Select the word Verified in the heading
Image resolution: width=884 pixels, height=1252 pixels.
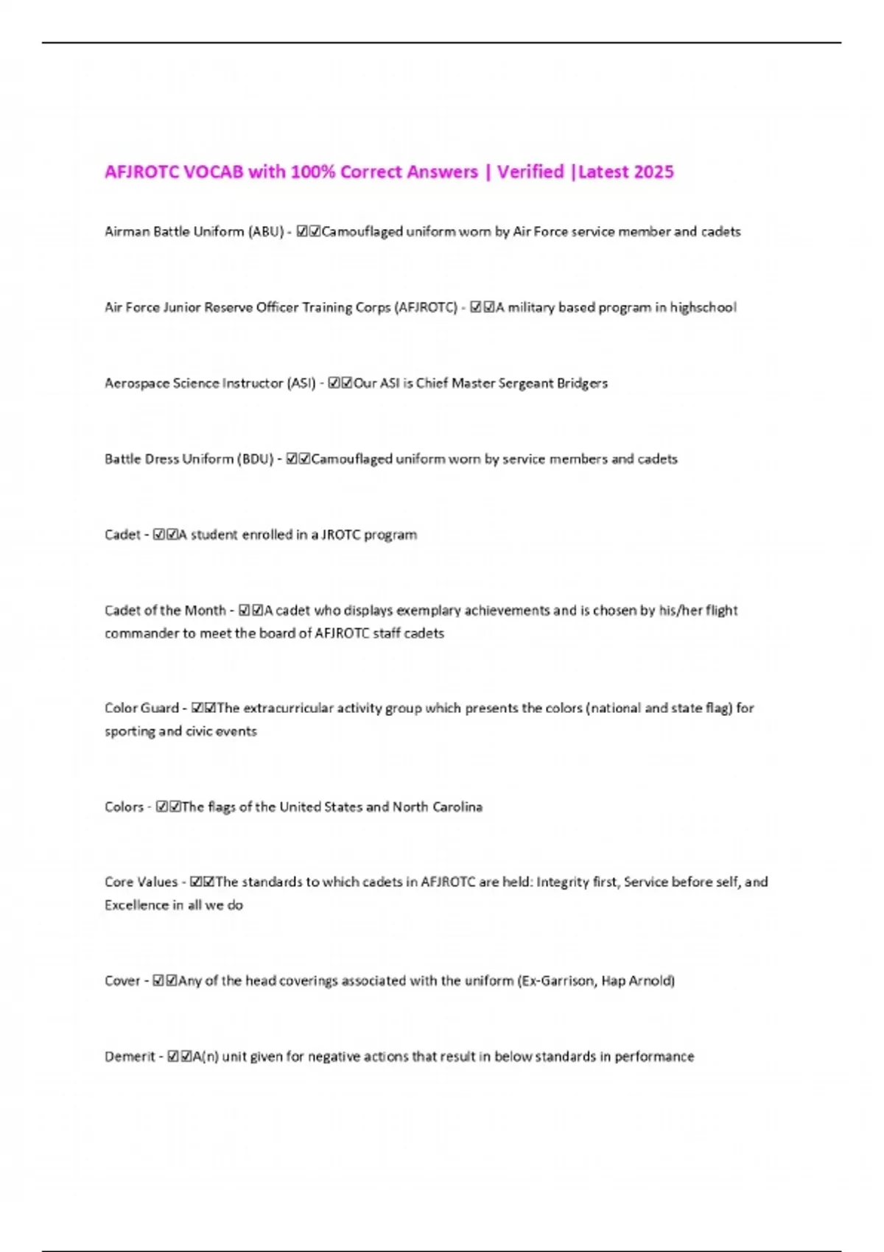click(530, 172)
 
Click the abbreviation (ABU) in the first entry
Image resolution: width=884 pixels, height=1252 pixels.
click(266, 231)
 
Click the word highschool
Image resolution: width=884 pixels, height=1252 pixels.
click(703, 307)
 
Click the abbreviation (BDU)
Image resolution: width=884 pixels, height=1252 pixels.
click(256, 459)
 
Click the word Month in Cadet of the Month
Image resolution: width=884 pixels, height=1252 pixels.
click(205, 611)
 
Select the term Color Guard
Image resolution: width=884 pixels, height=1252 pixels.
click(141, 708)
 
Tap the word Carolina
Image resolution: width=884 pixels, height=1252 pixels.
click(457, 806)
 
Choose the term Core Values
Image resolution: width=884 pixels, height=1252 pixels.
click(141, 882)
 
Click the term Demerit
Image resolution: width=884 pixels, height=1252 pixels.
click(130, 1056)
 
